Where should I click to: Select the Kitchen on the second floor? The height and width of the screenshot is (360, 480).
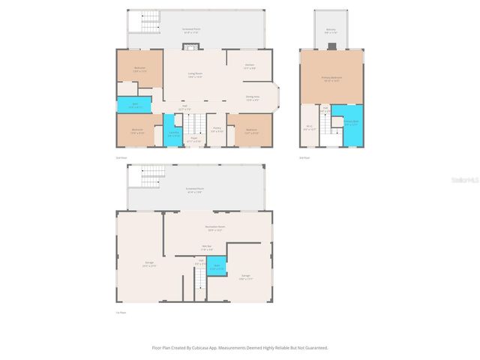250,66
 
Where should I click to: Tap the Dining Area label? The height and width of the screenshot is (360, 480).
253,97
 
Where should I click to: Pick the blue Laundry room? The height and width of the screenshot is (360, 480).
173,133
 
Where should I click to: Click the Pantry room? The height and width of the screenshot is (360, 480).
216,130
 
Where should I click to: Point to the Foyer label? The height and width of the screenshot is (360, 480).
193,140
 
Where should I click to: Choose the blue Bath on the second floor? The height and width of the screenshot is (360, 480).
135,105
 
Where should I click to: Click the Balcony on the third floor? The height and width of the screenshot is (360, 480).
331,31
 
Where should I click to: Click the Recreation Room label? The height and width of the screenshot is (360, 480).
216,228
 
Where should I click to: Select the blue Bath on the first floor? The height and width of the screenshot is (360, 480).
217,266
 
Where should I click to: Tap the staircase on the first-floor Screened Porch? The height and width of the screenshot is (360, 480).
152,177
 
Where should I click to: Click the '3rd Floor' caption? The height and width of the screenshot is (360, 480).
304,158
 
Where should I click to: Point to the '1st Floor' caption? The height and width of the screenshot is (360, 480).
119,312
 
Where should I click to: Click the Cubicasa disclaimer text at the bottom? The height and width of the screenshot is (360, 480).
239,347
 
